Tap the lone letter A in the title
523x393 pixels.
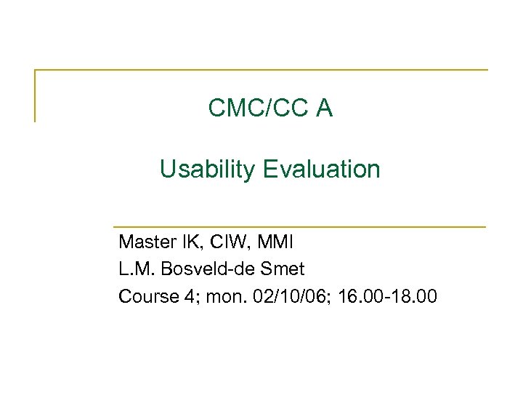324,108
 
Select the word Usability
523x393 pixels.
208,170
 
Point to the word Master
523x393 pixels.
143,241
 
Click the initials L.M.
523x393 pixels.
134,269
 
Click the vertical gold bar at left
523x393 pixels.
35,95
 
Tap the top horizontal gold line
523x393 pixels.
261,70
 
